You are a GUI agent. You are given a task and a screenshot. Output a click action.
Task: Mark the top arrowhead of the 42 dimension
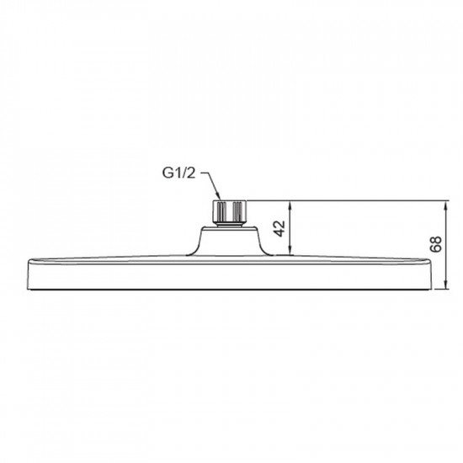(x=290, y=204)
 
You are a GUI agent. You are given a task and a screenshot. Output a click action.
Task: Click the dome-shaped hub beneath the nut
(x=229, y=239)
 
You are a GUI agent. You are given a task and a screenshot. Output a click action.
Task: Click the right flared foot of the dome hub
(x=268, y=251)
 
